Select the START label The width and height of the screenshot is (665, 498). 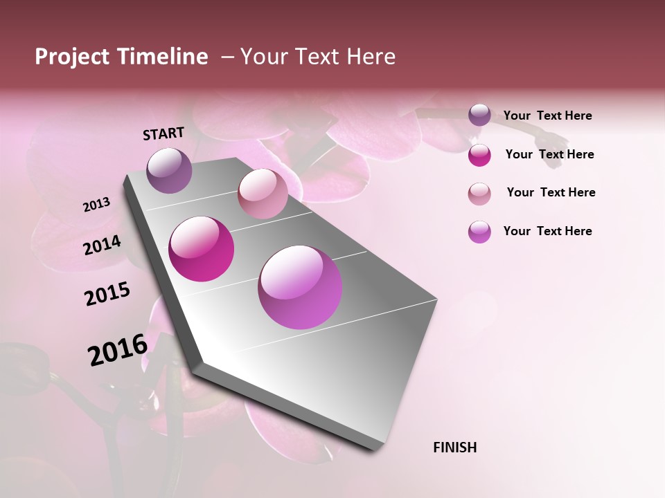tap(163, 133)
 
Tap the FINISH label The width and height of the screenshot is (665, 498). tap(454, 448)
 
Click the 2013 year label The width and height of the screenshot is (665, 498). tap(96, 205)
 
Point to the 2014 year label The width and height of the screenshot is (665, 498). tap(102, 246)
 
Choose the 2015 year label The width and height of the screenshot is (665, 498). tap(107, 294)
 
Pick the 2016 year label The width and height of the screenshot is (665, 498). tap(118, 350)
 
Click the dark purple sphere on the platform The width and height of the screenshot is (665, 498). tap(169, 170)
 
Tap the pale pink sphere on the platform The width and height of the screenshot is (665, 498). tap(263, 194)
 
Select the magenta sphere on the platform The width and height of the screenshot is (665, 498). tap(202, 249)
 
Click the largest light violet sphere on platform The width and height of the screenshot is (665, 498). tap(300, 287)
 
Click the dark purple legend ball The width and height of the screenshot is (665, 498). tap(479, 116)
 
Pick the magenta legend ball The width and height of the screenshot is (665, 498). tap(479, 155)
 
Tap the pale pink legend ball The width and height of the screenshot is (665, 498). tap(479, 194)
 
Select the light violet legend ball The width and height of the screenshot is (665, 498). tap(479, 232)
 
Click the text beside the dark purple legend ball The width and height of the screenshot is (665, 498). tap(547, 116)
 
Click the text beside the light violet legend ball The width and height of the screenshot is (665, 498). tap(547, 231)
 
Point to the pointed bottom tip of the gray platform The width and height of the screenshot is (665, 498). tap(378, 448)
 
